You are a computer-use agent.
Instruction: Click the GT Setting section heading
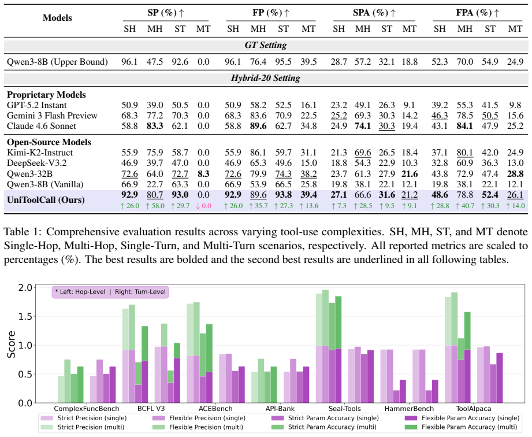266,45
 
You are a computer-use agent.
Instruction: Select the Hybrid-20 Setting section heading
266,78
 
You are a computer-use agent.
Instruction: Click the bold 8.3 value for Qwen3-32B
203,174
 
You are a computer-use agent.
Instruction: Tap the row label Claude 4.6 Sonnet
42,126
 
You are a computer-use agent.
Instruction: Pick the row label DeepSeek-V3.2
36,163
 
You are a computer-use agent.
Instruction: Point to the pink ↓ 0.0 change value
203,206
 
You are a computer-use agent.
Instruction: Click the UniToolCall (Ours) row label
46,199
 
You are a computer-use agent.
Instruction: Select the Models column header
57,18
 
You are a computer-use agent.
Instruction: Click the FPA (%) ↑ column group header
478,13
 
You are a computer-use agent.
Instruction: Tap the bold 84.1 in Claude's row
465,126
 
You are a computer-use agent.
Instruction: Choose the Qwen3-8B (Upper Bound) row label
57,62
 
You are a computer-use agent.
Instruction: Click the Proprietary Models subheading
46,95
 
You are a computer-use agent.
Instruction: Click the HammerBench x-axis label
409,409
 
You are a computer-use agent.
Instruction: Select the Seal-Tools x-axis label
344,409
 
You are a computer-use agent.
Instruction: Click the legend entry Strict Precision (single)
83,418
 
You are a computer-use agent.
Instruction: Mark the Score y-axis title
11,345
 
